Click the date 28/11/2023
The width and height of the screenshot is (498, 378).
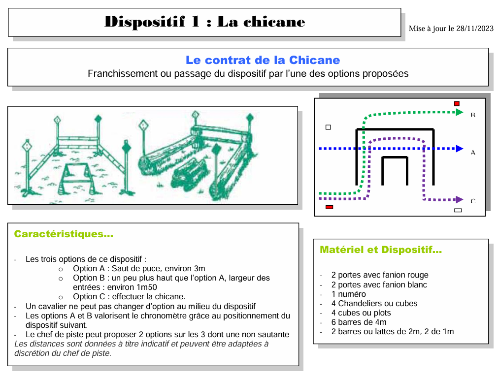pos(474,29)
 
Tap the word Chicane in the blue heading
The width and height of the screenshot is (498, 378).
pos(314,60)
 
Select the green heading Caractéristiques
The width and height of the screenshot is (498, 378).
pos(64,234)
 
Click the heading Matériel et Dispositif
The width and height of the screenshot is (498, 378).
pos(380,250)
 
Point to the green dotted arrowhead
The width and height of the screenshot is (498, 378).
pos(460,112)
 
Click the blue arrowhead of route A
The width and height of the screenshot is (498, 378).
pos(460,149)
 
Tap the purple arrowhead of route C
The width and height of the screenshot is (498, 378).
pos(460,200)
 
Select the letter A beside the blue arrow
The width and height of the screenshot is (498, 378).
pos(473,153)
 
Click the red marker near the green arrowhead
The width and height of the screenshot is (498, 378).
pos(457,103)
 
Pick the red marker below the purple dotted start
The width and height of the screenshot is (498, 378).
pos(330,207)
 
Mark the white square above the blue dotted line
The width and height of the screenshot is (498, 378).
pos(329,127)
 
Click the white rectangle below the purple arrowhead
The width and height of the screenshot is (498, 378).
pos(458,210)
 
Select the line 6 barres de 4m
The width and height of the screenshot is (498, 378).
pos(359,322)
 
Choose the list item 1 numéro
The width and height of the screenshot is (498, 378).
pos(348,294)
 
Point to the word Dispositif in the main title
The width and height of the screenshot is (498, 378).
pos(144,22)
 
